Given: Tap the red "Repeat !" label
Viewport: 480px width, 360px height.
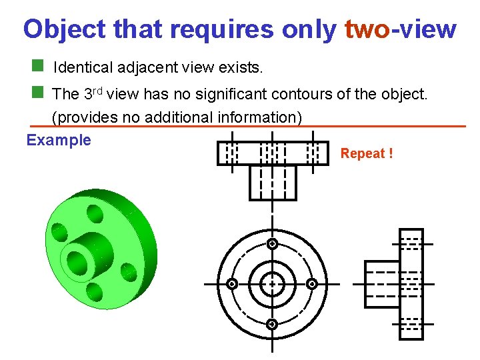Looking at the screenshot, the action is point(367,154).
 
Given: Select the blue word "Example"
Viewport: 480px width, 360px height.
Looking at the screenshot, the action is point(59,140).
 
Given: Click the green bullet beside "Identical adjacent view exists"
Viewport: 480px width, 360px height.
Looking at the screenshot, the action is point(38,67).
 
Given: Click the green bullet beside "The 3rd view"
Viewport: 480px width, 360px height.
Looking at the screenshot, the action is point(38,92).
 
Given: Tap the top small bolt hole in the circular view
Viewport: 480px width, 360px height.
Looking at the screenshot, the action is point(272,244).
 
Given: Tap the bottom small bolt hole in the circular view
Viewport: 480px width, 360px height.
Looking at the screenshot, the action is point(272,325).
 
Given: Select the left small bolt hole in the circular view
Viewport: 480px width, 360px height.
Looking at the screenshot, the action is point(231,284).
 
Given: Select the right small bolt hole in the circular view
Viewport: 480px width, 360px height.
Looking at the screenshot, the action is point(312,284).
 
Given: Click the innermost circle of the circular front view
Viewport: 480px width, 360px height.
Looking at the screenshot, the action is point(272,284).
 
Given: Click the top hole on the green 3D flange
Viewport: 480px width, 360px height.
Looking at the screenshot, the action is point(95,214).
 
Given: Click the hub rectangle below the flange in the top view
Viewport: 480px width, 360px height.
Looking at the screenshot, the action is point(272,182).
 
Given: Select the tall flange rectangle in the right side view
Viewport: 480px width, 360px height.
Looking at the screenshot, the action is point(411,284).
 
